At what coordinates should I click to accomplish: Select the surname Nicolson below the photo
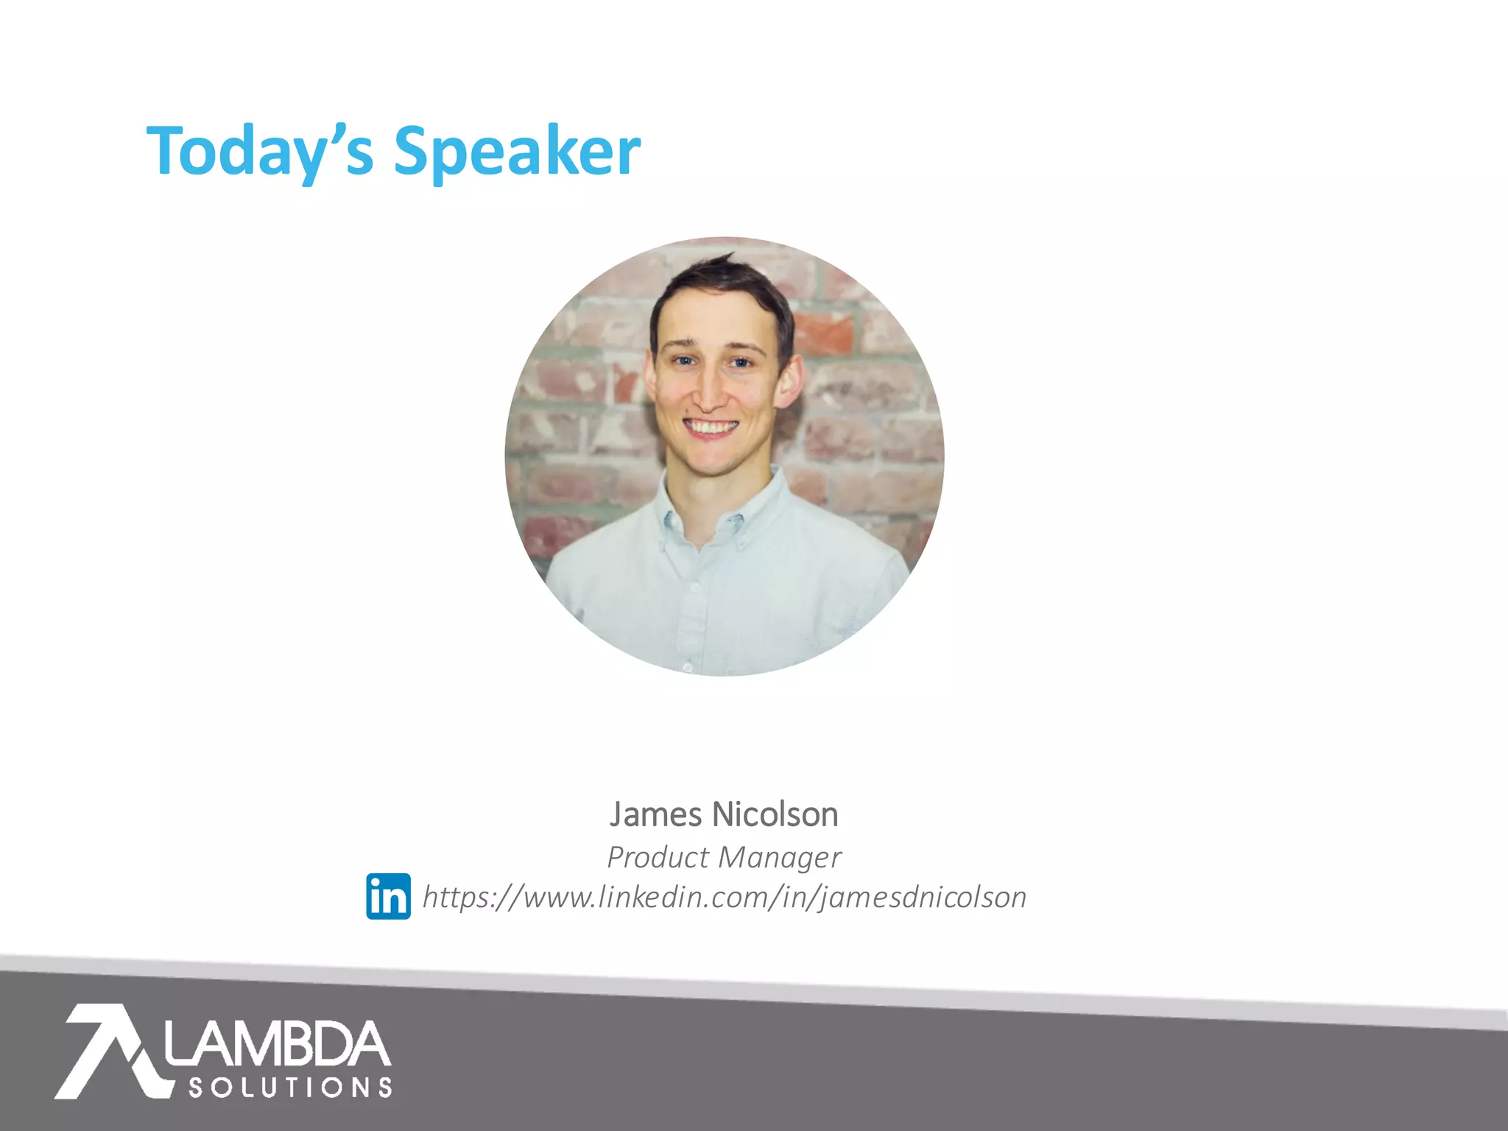coord(775,814)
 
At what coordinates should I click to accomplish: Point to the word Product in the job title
coord(658,857)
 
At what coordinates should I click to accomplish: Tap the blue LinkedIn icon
coord(388,896)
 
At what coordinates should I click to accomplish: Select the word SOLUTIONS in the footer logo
coord(290,1088)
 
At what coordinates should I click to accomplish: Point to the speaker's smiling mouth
coord(711,427)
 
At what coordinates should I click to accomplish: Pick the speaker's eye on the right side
coord(740,362)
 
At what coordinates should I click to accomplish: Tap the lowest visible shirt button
coord(687,666)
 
